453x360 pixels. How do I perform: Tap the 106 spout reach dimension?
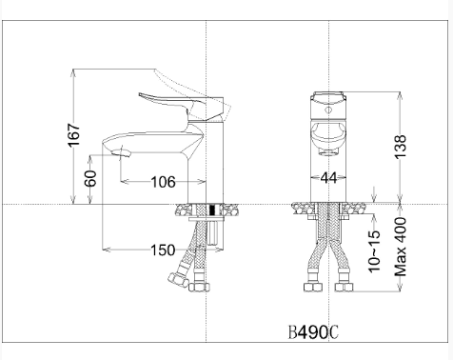(163, 181)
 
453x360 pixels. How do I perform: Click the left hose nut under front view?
(312, 283)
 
